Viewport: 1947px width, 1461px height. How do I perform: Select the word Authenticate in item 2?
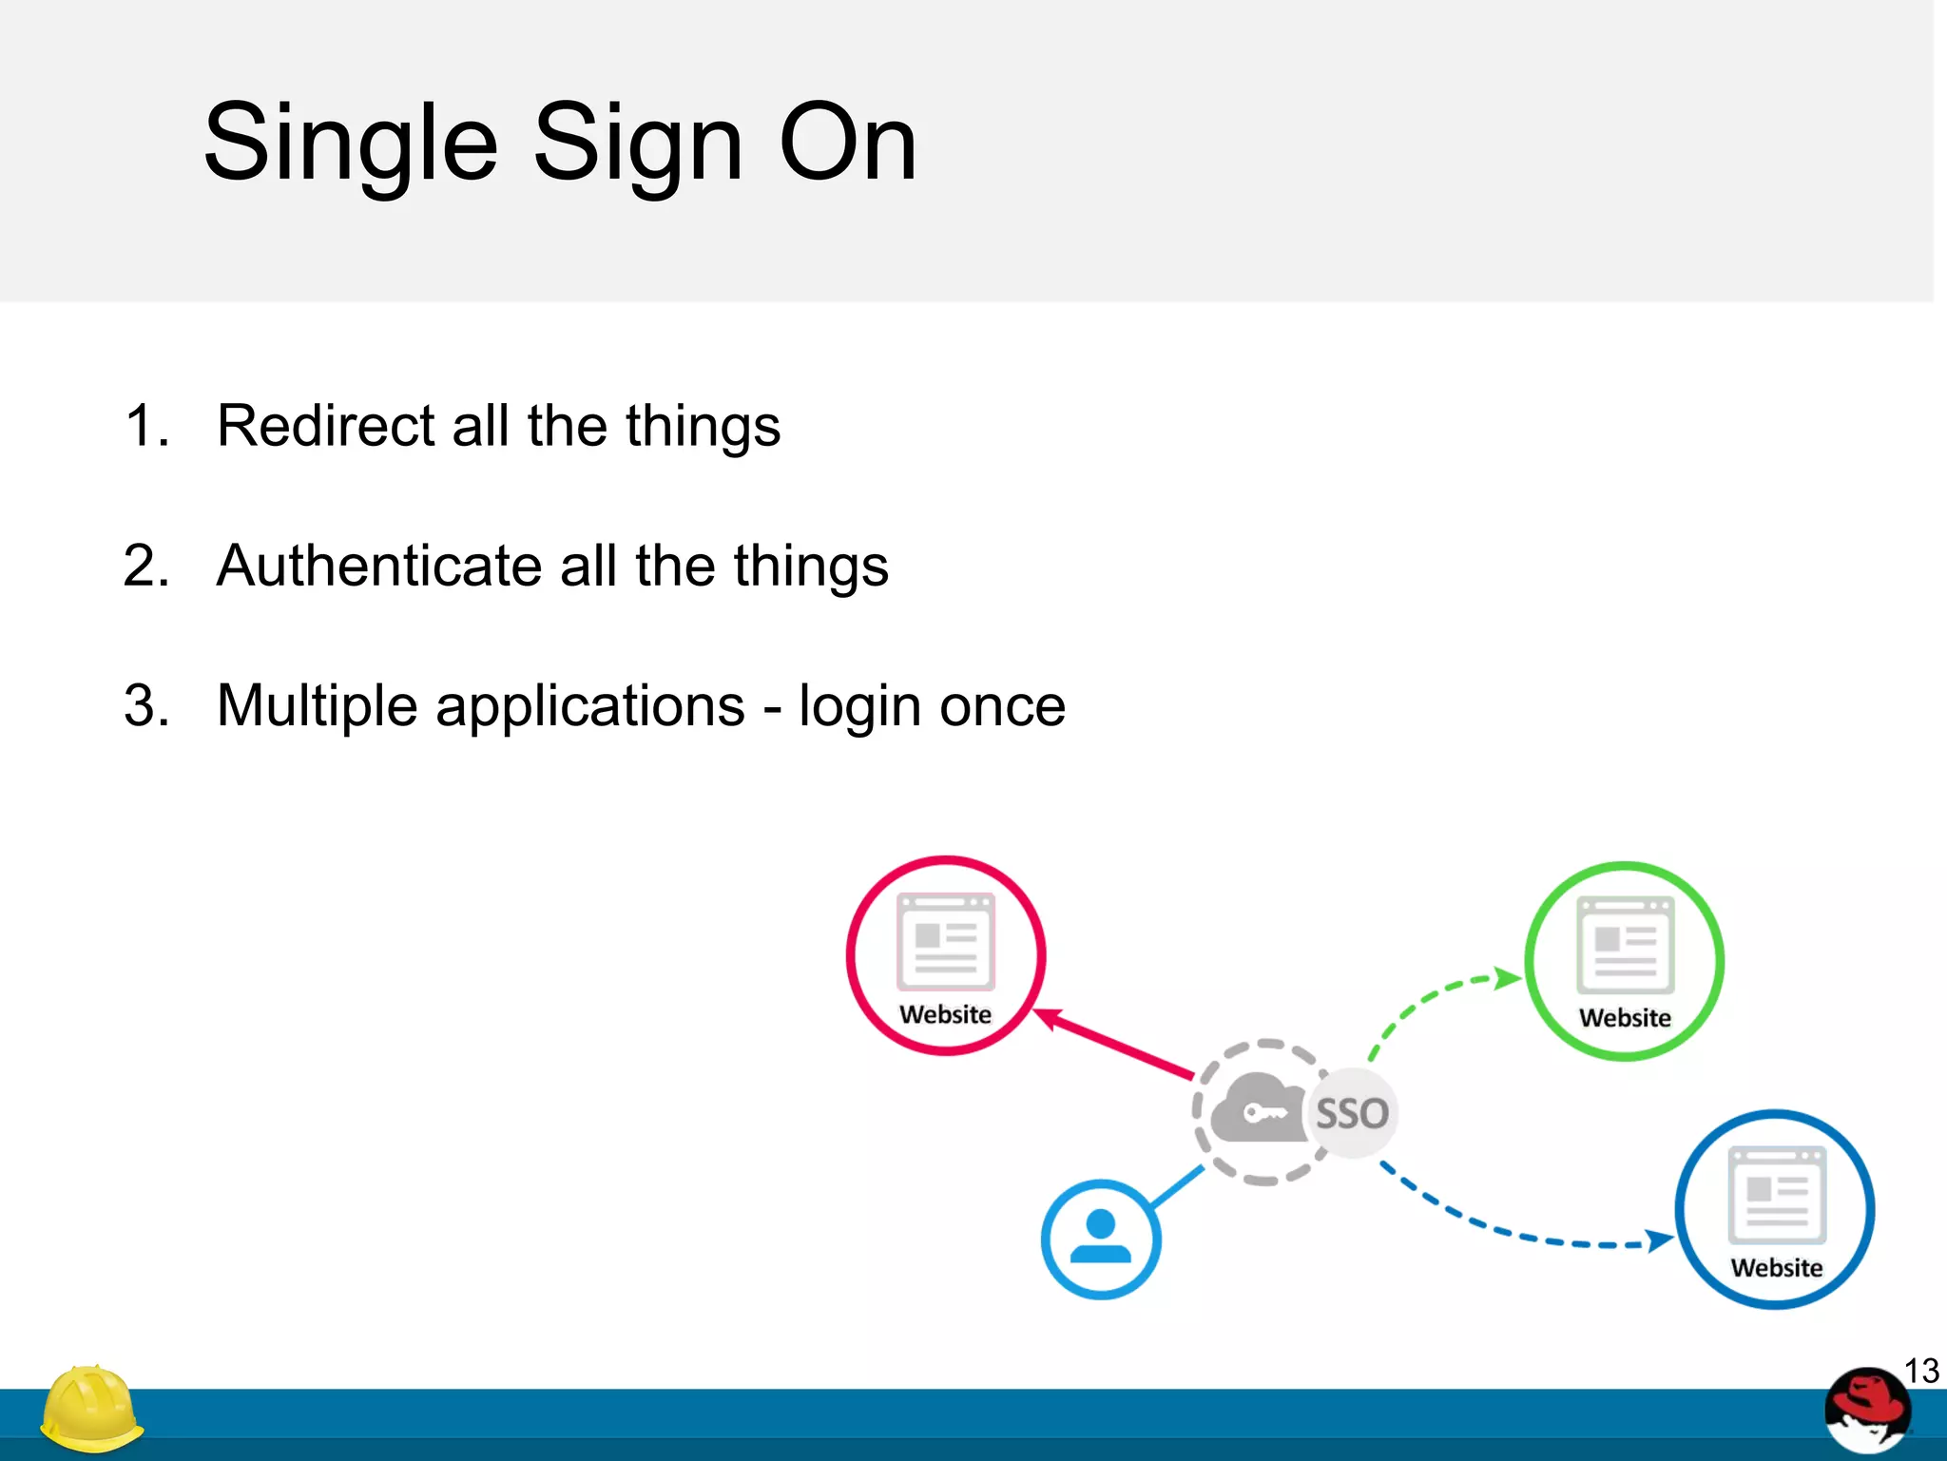[378, 566]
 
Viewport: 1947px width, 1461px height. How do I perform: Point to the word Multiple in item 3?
[317, 706]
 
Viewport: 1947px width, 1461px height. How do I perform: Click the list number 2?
[145, 566]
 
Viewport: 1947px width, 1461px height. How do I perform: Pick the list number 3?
[145, 706]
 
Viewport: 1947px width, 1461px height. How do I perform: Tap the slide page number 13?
[1921, 1372]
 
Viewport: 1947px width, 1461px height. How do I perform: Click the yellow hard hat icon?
[90, 1409]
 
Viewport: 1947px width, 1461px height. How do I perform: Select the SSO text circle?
[1352, 1113]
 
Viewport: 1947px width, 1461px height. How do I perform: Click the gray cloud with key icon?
[1258, 1110]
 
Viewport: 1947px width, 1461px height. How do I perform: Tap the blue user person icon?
[1100, 1240]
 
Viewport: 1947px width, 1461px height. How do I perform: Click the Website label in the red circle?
[945, 1014]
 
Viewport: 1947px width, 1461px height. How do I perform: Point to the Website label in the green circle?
[1625, 1018]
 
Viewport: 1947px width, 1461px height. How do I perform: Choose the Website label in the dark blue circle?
[1776, 1268]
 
